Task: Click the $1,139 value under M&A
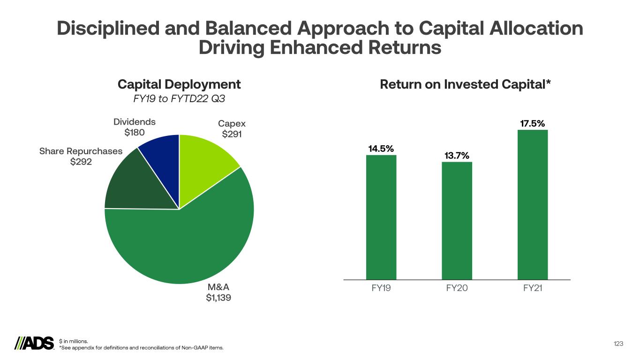218,298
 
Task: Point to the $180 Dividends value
135,132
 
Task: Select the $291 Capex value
232,134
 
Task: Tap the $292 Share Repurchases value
81,162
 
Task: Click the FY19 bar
381,217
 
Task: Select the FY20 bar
457,221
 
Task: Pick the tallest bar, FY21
533,205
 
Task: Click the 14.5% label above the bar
381,149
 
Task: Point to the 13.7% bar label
457,156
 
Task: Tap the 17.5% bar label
533,123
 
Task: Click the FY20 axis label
457,288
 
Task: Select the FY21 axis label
533,288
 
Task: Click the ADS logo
34,344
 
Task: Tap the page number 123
618,344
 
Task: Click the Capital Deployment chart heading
179,84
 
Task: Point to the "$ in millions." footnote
74,341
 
